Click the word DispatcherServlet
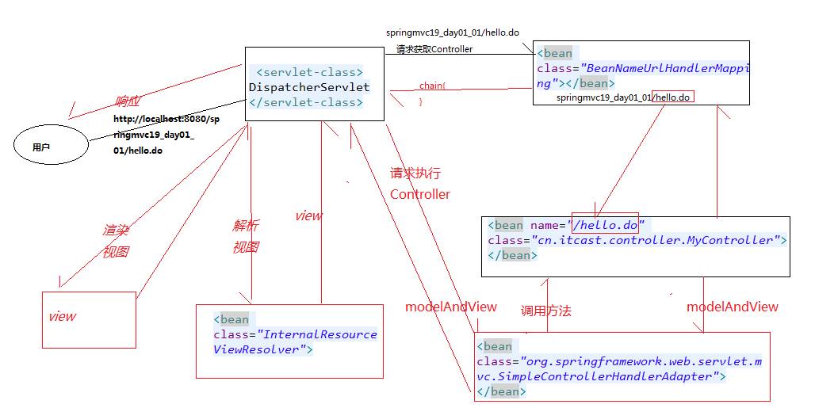tap(309, 87)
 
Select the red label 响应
tap(128, 101)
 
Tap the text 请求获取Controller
tap(434, 49)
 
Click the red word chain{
tap(432, 86)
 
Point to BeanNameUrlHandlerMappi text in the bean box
tap(668, 68)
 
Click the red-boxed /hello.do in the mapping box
tap(672, 97)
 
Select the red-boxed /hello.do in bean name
tap(605, 225)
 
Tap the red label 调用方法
tap(545, 311)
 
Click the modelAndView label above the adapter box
tap(733, 307)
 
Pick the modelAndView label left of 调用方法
tap(450, 307)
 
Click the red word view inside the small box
tap(62, 317)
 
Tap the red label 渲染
tap(116, 230)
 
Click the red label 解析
tap(245, 226)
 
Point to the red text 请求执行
tap(415, 173)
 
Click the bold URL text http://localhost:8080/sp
tap(166, 119)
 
